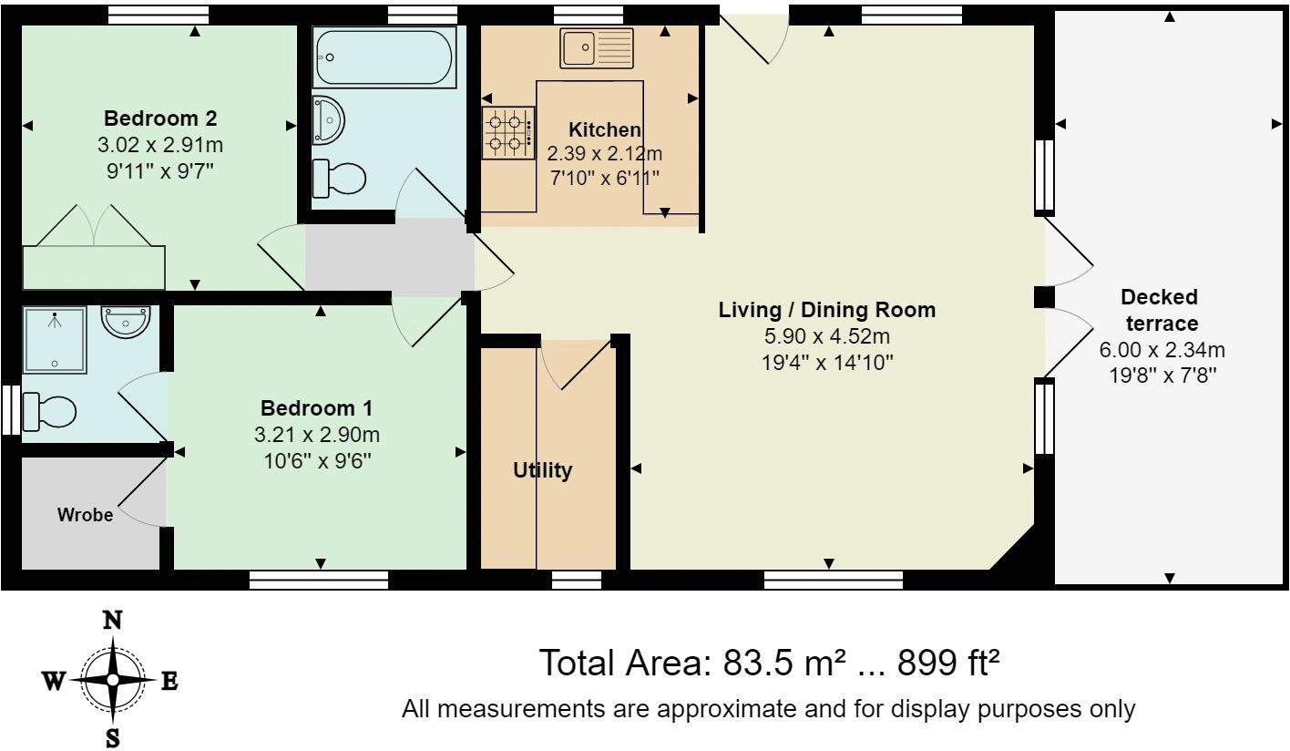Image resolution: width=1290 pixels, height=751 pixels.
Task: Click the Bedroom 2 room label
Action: pyautogui.click(x=160, y=118)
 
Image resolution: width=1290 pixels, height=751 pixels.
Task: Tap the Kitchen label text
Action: pyautogui.click(x=605, y=129)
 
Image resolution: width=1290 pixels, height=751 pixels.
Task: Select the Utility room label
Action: pyautogui.click(x=542, y=470)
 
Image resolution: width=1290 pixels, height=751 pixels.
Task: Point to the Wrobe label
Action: pyautogui.click(x=86, y=514)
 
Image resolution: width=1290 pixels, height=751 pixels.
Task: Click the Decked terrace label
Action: pyautogui.click(x=1161, y=310)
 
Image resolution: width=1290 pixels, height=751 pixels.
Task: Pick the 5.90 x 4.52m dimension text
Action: pyautogui.click(x=827, y=335)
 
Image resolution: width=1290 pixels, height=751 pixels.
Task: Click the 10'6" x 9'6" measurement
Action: pyautogui.click(x=317, y=461)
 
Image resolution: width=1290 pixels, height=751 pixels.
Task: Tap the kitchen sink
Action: pyautogui.click(x=596, y=47)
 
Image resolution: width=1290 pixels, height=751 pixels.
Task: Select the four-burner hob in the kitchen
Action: pyautogui.click(x=508, y=132)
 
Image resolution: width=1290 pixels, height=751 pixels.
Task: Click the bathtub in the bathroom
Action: pyautogui.click(x=384, y=57)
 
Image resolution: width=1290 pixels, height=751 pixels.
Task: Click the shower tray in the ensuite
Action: pyautogui.click(x=55, y=340)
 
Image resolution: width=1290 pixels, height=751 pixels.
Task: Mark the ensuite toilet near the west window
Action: pyautogui.click(x=49, y=411)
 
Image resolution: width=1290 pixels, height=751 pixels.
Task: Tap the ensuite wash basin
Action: pyautogui.click(x=126, y=322)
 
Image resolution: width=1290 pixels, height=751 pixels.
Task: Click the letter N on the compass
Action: pyautogui.click(x=112, y=621)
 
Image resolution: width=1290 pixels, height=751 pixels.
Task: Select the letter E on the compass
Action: pyautogui.click(x=169, y=682)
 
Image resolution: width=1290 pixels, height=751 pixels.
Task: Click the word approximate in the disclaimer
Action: pyautogui.click(x=729, y=710)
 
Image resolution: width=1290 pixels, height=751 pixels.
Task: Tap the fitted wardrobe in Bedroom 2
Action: pyautogui.click(x=94, y=267)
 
